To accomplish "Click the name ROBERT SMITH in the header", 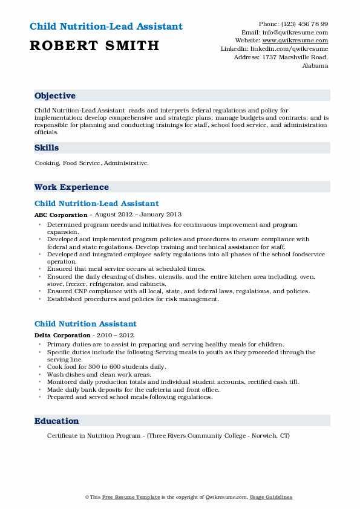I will (93, 45).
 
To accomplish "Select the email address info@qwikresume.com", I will (302, 32).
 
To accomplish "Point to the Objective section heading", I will (55, 96).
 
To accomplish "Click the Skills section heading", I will (47, 148).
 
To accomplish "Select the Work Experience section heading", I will (71, 187).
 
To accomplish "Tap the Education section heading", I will (56, 421).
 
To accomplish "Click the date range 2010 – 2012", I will (118, 335).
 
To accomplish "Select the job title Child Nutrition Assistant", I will (85, 324).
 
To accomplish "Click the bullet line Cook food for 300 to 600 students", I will (106, 367).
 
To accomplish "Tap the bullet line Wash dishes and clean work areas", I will (99, 374).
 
